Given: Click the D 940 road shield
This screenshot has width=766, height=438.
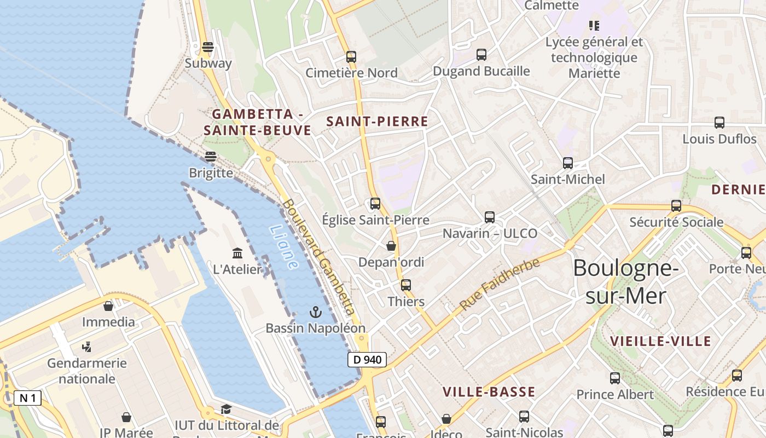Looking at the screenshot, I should [367, 360].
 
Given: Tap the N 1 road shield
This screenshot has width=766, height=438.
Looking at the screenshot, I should [27, 398].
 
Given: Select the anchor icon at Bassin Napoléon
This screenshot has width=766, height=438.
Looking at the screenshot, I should [315, 312].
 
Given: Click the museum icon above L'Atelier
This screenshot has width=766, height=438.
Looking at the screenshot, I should [237, 253].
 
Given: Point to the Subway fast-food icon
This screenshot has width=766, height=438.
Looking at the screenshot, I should [207, 47].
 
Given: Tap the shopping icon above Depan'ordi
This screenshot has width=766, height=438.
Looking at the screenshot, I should [391, 246].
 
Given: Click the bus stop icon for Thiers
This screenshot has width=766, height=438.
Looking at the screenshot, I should [405, 285].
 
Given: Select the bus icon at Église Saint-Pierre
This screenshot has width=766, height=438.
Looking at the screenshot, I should [375, 204].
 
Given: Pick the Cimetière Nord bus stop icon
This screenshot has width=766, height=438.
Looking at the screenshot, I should [351, 56].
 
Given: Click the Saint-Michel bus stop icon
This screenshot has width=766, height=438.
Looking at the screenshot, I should [568, 163].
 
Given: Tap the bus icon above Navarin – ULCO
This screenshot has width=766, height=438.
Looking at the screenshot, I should [490, 217].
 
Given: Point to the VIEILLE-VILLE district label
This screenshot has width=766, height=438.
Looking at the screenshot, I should [660, 341].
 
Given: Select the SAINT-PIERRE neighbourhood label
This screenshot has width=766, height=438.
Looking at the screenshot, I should [377, 122].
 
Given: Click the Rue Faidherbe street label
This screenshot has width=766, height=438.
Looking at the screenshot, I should [500, 285].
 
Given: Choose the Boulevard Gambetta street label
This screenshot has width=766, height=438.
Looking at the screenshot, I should [320, 256].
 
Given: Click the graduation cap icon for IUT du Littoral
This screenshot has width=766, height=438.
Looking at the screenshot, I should [226, 409].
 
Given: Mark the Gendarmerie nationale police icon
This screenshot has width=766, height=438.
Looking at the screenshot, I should [86, 347].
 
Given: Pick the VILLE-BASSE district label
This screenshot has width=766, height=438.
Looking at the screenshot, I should [489, 391].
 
